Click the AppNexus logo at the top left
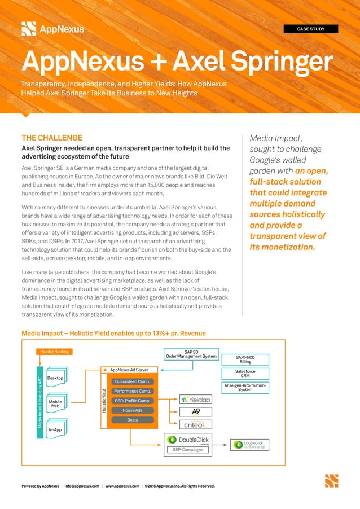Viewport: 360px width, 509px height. [52, 28]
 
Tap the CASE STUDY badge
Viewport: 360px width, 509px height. [310, 29]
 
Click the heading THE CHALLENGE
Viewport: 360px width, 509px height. [52, 138]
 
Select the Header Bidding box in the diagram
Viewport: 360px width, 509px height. [54, 352]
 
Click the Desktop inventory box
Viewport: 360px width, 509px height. [55, 378]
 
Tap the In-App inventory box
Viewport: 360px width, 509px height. [55, 429]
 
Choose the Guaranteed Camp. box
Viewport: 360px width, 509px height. [132, 382]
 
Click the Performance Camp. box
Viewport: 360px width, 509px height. [132, 391]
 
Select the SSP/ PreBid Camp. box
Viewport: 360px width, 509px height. [132, 401]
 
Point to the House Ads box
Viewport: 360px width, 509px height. [132, 410]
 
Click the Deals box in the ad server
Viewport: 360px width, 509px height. [132, 420]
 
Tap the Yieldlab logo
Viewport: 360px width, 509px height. [196, 399]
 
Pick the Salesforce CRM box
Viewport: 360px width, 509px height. [245, 374]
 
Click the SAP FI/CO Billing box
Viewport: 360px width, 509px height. [245, 359]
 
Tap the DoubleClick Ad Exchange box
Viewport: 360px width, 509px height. [249, 445]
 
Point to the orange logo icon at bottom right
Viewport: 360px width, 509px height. [331, 480]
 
